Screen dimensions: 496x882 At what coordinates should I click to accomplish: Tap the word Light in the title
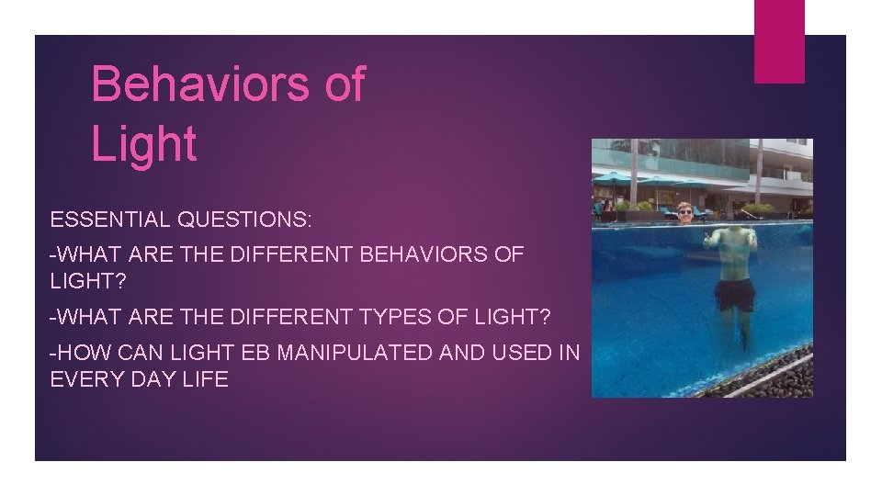pos(144,145)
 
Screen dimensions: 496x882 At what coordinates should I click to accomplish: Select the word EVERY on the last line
pos(88,378)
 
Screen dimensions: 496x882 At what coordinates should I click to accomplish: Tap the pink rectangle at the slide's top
pos(779,41)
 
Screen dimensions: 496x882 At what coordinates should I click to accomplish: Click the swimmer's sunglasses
pos(685,212)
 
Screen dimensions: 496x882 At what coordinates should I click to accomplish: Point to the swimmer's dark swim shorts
pos(735,295)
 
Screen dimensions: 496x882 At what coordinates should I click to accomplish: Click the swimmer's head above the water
pos(685,212)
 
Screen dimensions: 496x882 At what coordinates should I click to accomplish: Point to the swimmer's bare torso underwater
pos(735,257)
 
